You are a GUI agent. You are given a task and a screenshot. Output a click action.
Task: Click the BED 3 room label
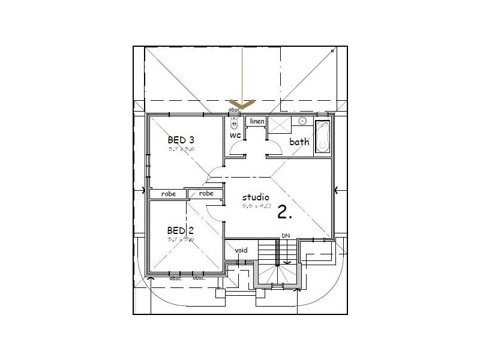[x=180, y=140]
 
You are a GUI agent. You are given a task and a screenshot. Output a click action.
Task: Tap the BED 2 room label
[x=180, y=230]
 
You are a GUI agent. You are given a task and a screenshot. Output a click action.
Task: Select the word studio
[x=256, y=196]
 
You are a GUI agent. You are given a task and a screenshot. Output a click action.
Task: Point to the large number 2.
[x=284, y=211]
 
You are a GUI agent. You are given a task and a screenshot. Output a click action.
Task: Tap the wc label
[x=235, y=136]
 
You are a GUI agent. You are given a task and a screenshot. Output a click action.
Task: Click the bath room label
[x=299, y=142]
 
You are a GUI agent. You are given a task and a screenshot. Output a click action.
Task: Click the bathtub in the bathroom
[x=322, y=136]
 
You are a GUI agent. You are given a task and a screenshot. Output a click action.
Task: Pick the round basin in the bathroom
[x=303, y=121]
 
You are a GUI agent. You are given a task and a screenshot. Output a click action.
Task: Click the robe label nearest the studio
[x=206, y=193]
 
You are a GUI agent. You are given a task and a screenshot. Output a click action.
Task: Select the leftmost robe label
[x=167, y=194]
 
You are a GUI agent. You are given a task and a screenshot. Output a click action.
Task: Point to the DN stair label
[x=285, y=236]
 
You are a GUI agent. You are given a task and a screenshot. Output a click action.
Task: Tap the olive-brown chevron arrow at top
[x=241, y=104]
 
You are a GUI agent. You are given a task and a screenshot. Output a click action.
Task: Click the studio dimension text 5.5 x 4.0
[x=253, y=205]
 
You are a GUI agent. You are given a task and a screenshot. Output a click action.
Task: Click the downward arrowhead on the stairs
[x=287, y=261]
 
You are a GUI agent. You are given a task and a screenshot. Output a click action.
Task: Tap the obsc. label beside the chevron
[x=233, y=110]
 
